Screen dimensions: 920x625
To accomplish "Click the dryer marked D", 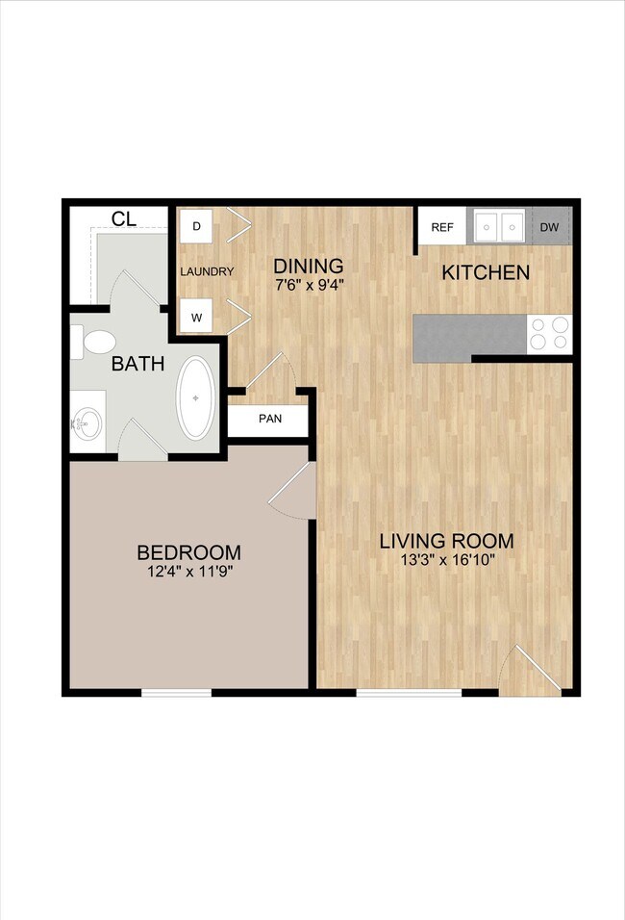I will click(196, 226).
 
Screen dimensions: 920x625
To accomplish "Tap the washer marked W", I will click(196, 315).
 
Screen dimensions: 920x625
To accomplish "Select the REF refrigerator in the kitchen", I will click(441, 227).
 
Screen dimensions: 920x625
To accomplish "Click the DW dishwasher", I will click(549, 227).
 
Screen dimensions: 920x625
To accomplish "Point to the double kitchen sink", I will click(496, 227).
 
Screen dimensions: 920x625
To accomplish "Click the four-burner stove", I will click(549, 333).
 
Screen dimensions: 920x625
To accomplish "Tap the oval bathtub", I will click(198, 397).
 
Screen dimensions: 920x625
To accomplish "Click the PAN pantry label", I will click(268, 420).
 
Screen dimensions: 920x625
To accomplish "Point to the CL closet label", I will click(123, 218).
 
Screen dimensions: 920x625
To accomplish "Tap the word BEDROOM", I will click(188, 552).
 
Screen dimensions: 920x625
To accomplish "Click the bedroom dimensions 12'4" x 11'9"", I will click(188, 572).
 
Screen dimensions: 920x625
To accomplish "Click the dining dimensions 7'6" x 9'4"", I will click(309, 284).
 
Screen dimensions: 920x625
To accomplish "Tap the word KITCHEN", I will click(485, 272).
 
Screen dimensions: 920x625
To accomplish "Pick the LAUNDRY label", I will click(207, 271).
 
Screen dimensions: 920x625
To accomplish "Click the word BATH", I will click(137, 365).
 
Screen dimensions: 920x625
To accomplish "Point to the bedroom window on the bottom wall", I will click(177, 691).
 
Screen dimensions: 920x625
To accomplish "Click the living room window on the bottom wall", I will click(396, 691).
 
